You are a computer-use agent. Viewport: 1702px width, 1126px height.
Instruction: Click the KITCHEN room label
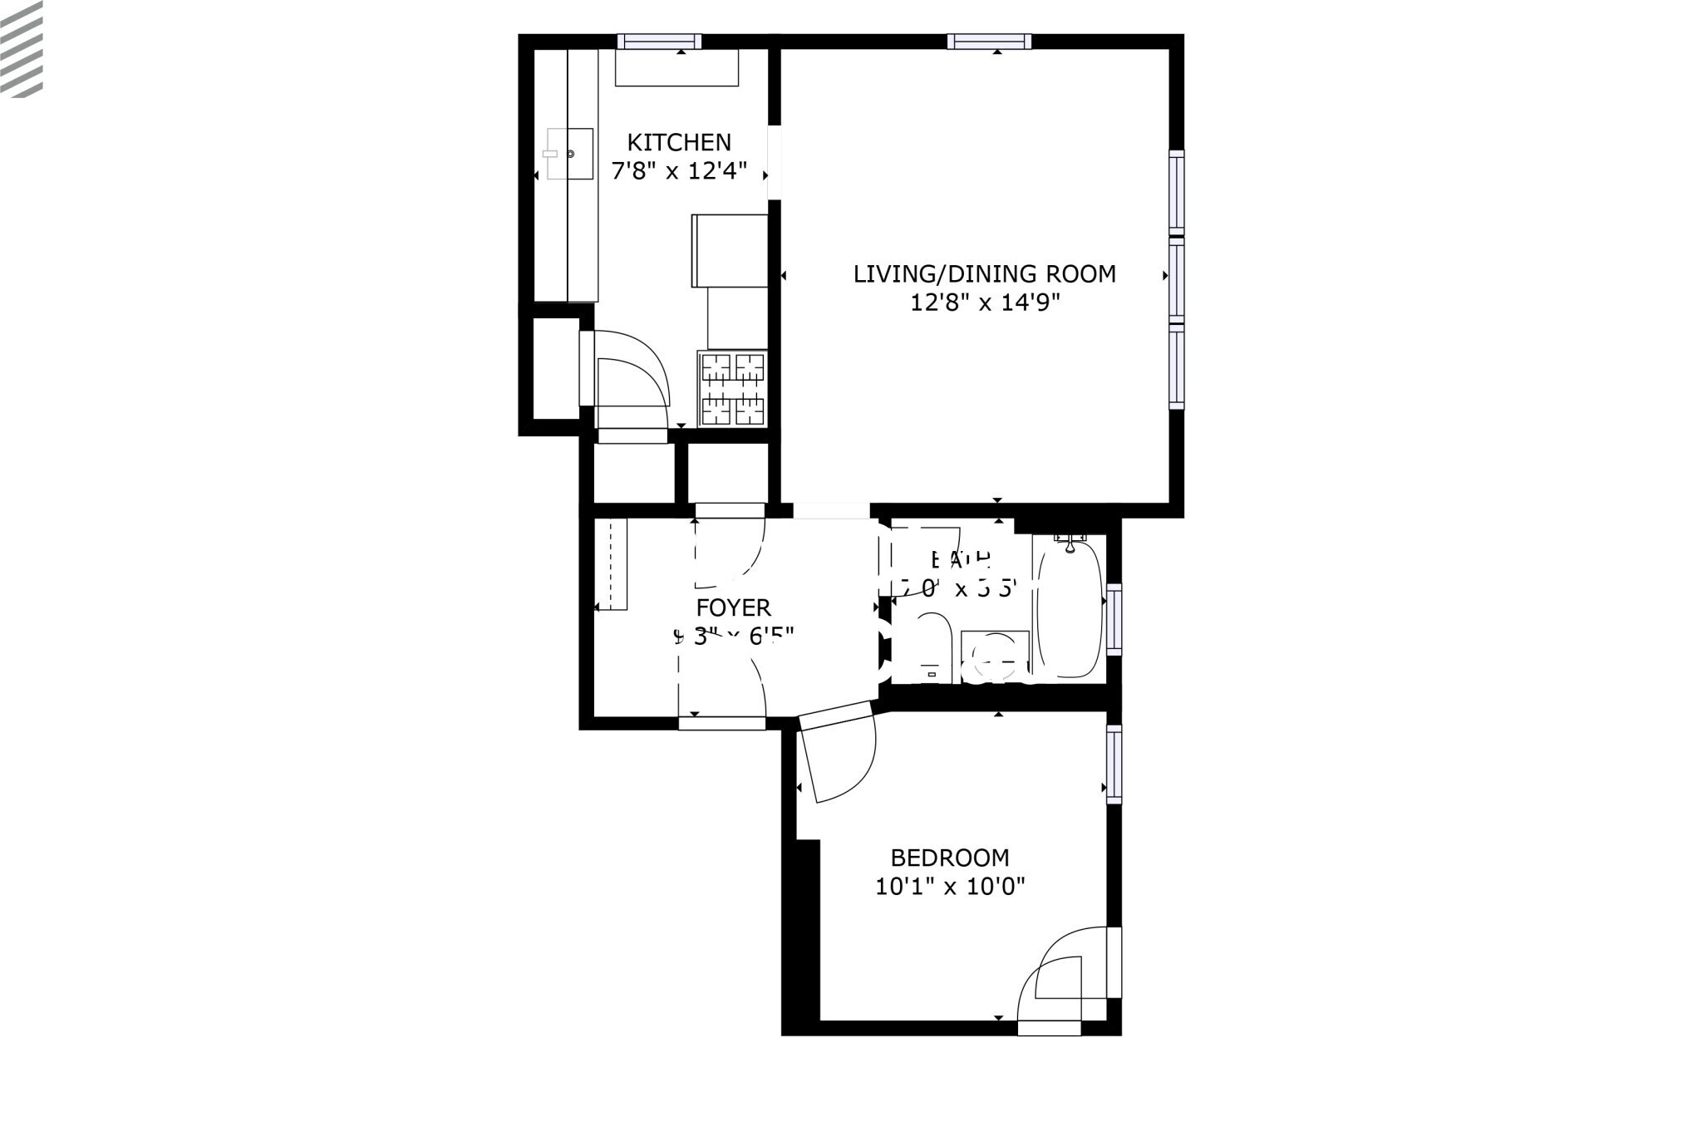click(679, 142)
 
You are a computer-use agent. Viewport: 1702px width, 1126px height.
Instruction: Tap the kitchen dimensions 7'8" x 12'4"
click(679, 172)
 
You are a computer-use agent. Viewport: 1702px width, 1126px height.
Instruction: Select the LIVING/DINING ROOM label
click(984, 273)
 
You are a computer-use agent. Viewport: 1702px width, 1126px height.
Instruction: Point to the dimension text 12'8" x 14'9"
click(986, 302)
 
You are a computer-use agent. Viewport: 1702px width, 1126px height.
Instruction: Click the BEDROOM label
click(950, 858)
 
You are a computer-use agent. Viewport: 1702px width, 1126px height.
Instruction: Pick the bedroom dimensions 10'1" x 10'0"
click(950, 887)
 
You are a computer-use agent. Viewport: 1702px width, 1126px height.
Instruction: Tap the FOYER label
click(734, 607)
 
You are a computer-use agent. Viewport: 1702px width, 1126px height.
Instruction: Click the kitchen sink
click(570, 154)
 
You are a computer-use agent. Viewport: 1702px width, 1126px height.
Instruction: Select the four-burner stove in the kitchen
click(732, 388)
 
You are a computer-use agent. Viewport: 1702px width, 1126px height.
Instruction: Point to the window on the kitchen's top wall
click(659, 42)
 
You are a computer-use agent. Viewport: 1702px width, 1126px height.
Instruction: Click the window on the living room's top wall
click(989, 42)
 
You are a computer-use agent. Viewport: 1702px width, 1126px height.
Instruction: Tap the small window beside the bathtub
click(1114, 619)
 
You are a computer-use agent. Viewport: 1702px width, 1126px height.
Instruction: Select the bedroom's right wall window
click(1114, 764)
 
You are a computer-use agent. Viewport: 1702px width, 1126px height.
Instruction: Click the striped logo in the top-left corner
click(22, 48)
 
